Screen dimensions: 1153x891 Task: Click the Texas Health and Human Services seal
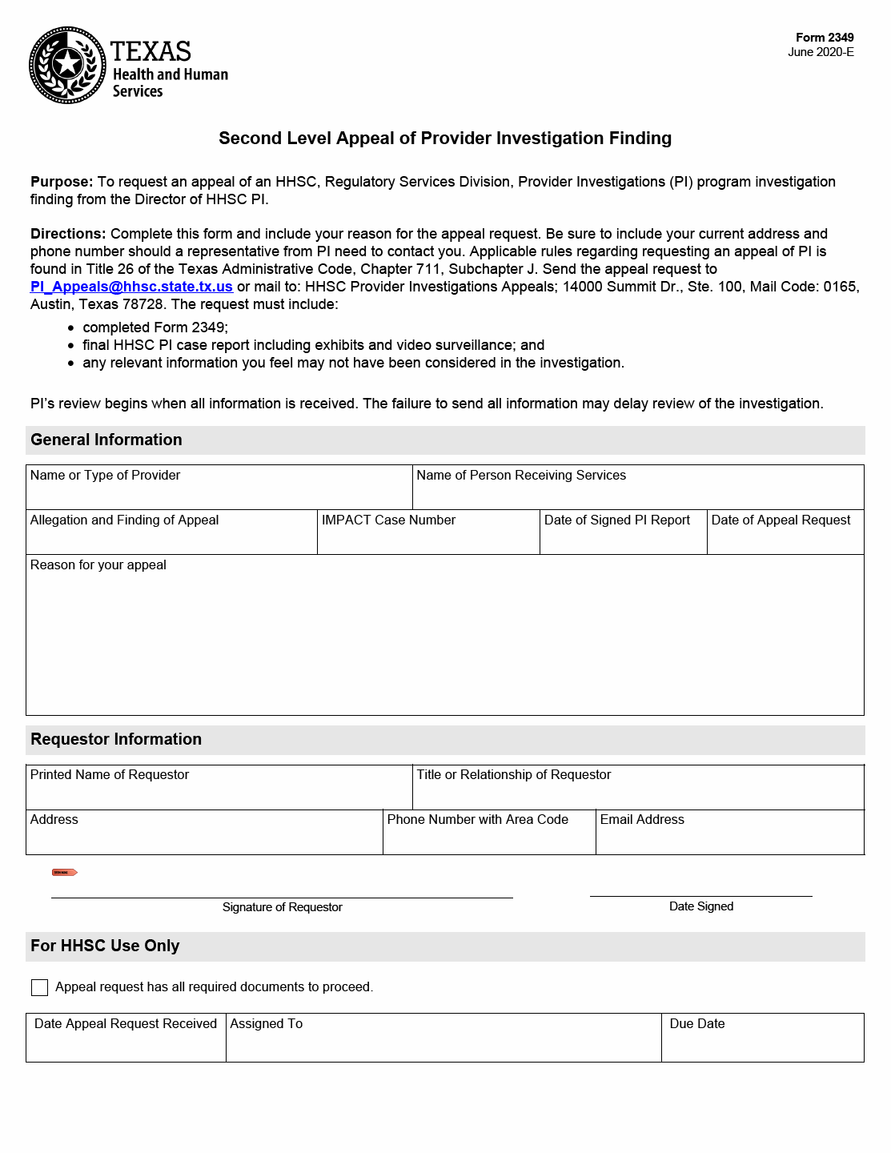pos(67,65)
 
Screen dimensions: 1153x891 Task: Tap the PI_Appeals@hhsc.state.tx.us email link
pos(131,287)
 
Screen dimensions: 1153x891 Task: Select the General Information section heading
pos(106,440)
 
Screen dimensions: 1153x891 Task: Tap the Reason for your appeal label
pos(98,565)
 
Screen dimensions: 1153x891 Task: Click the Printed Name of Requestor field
pos(219,792)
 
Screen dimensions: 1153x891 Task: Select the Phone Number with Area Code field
pos(488,837)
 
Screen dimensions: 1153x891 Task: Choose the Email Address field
pos(729,837)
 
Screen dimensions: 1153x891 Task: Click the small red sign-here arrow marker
pos(65,872)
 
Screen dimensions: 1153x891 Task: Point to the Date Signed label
pos(701,906)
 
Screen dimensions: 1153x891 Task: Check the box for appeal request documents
pos(39,987)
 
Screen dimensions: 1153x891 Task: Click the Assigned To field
pos(443,1043)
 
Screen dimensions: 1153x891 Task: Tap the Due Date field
pos(762,1043)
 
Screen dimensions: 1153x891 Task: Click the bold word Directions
pos(68,234)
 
